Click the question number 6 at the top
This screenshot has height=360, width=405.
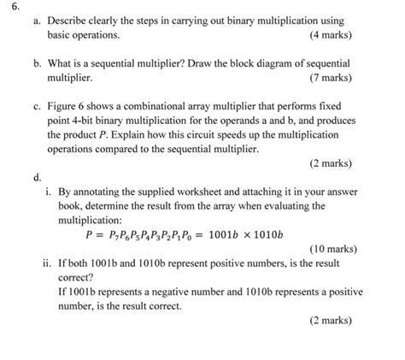coord(7,6)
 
